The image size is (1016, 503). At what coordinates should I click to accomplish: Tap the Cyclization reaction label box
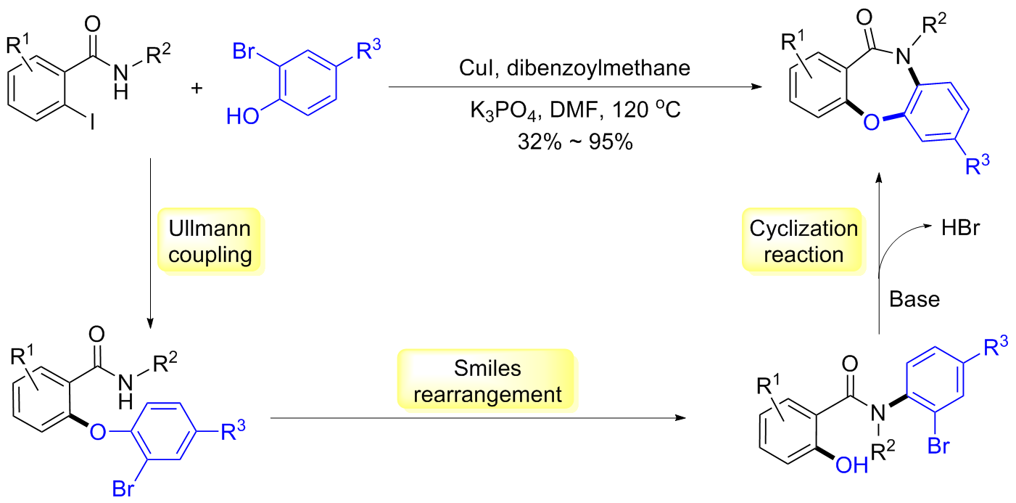pyautogui.click(x=804, y=242)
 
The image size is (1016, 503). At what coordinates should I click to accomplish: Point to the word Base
pyautogui.click(x=914, y=298)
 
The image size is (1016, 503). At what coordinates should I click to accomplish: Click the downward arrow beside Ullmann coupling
pyautogui.click(x=149, y=240)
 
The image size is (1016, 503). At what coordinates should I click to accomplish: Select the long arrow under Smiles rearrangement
pyautogui.click(x=479, y=419)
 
